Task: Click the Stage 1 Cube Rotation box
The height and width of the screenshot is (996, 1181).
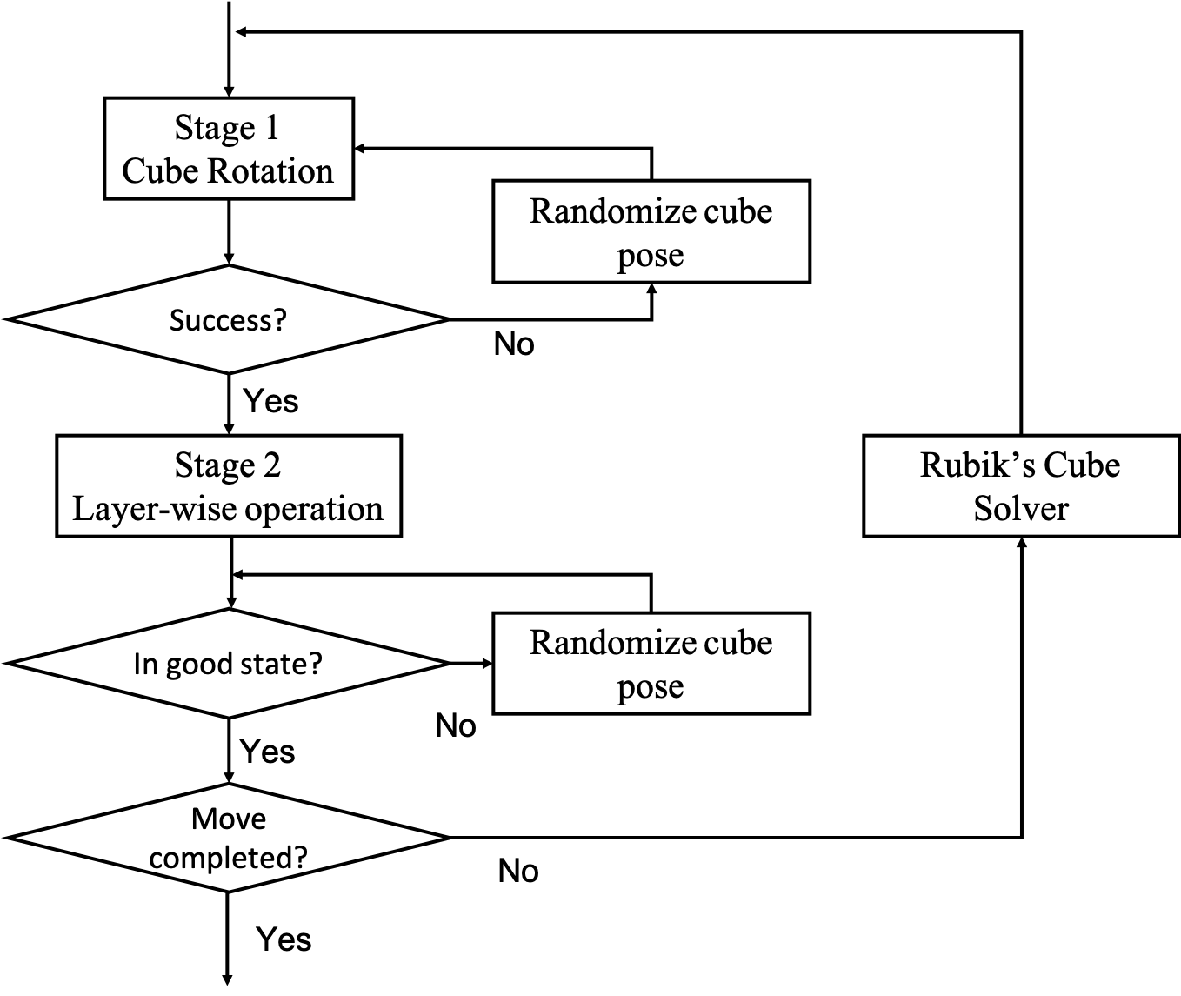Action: click(x=229, y=149)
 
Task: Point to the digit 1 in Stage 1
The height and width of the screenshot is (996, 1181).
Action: click(x=271, y=128)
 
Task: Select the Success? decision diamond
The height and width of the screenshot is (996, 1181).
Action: click(x=228, y=319)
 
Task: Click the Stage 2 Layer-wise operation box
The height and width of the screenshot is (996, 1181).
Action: click(x=228, y=486)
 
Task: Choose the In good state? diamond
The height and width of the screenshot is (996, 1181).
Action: click(x=228, y=664)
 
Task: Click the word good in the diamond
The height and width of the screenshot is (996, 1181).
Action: click(x=202, y=665)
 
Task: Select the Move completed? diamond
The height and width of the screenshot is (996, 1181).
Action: click(x=228, y=838)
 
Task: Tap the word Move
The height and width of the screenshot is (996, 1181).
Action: click(x=228, y=819)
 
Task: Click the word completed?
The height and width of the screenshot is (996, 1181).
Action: click(x=228, y=858)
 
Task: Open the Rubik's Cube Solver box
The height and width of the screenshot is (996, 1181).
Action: click(x=1021, y=486)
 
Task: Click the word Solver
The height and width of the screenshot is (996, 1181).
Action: click(x=1021, y=509)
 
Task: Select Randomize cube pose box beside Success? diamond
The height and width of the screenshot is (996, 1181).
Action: click(x=651, y=231)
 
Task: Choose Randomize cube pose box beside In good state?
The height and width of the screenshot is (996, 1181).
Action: click(x=651, y=664)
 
